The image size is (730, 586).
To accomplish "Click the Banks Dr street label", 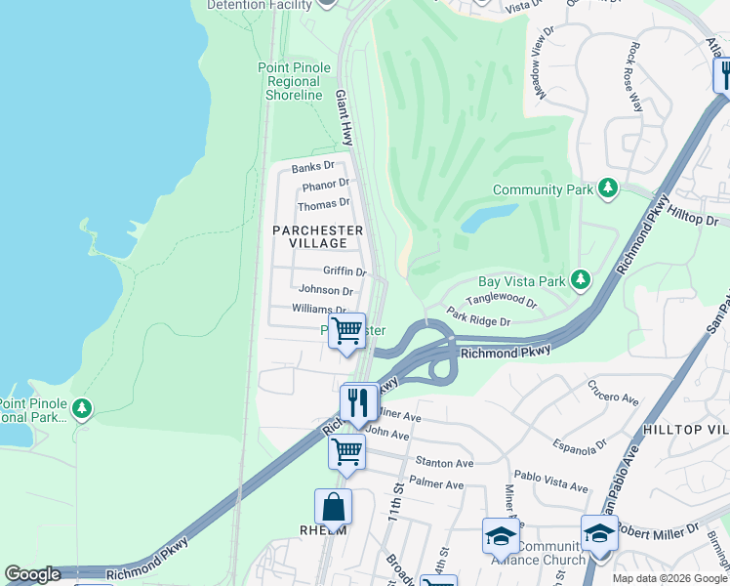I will coord(312,166).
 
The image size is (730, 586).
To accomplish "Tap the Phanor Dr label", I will coord(326,184).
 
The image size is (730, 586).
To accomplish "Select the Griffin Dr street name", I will coord(345,272).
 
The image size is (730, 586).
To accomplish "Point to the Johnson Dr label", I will coord(326,290).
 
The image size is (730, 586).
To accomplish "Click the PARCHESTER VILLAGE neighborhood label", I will coord(318,236).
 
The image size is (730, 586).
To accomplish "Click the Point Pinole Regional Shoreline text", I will coord(294,82).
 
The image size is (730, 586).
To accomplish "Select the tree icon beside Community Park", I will coord(608,187).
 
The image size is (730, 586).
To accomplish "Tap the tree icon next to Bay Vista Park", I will coord(581,280).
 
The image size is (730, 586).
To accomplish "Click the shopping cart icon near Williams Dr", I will coord(346,331).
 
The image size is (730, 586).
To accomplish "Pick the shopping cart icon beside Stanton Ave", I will coord(346,452).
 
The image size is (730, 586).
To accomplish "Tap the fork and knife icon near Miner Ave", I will coord(358,401).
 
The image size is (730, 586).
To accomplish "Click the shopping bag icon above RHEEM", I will coord(333,507).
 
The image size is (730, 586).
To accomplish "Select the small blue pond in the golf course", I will coord(488,217).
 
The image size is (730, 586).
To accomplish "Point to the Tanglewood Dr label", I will coord(501,302).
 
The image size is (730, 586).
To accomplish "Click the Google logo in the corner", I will coord(32,574).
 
